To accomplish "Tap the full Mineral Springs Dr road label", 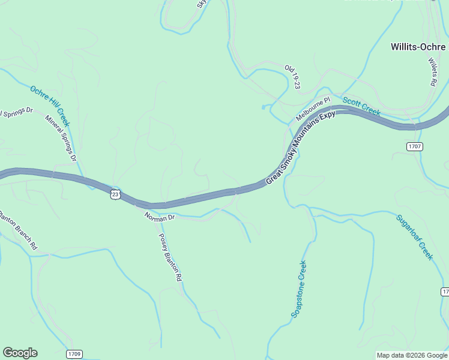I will (61, 139).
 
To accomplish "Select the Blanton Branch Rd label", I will (19, 230).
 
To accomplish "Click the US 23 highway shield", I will (116, 194).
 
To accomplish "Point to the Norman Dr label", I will (159, 217).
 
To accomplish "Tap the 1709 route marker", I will (74, 354).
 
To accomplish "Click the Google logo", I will (20, 353).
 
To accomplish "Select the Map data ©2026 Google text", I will (411, 355).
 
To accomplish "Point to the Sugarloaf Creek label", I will (414, 236).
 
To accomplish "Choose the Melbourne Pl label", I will (313, 109).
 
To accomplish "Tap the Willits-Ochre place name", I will (419, 46).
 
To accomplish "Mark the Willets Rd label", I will (433, 71).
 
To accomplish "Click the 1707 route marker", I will (415, 146).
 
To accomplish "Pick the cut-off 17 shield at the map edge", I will (445, 292).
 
